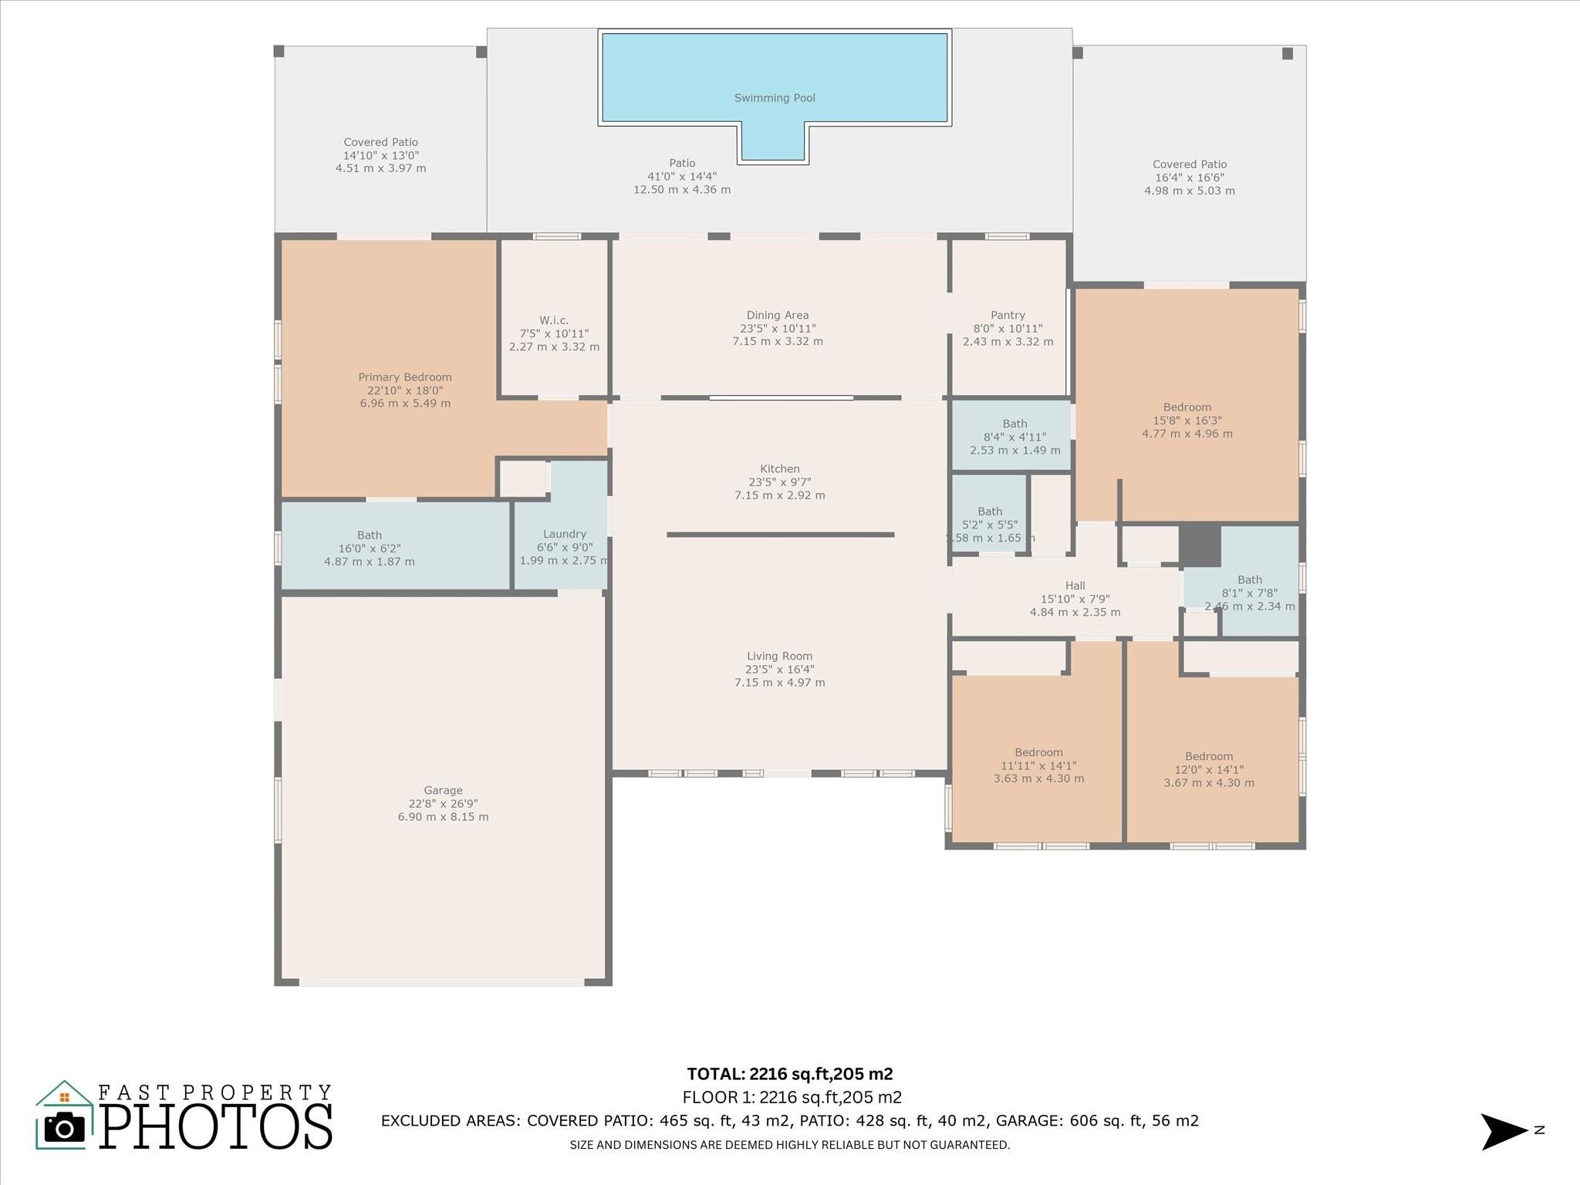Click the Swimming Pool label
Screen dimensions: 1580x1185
[x=775, y=98]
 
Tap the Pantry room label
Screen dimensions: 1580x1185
[x=1008, y=315]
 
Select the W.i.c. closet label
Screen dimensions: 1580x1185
[x=554, y=320]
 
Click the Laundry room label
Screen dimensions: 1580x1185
[x=565, y=534]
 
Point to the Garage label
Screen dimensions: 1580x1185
[x=443, y=790]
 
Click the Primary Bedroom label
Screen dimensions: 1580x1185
[x=405, y=377]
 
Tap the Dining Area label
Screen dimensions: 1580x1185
[x=778, y=315]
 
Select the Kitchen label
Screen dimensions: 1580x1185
[x=780, y=468]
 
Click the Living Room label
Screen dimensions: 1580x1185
[x=779, y=656]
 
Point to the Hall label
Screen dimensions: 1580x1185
[x=1075, y=586]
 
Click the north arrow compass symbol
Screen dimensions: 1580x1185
[x=1505, y=1132]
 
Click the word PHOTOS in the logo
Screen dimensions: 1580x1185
[x=217, y=1126]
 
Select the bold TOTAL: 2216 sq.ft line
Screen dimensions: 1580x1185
[x=790, y=1074]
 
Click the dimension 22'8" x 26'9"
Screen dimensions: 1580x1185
[x=443, y=804]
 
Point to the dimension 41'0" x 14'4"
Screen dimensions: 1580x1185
[x=682, y=176]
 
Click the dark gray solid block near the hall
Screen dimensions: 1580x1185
[x=1200, y=545]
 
